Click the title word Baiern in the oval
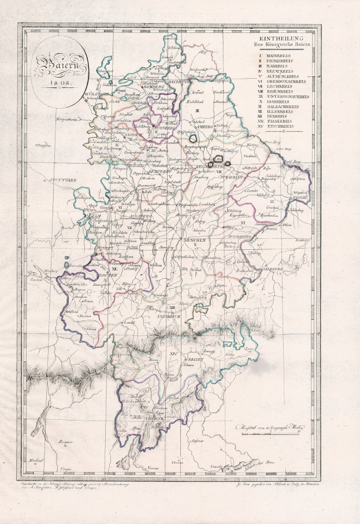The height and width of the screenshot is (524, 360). pyautogui.click(x=60, y=65)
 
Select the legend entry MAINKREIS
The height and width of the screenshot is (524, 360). pyautogui.click(x=280, y=54)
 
